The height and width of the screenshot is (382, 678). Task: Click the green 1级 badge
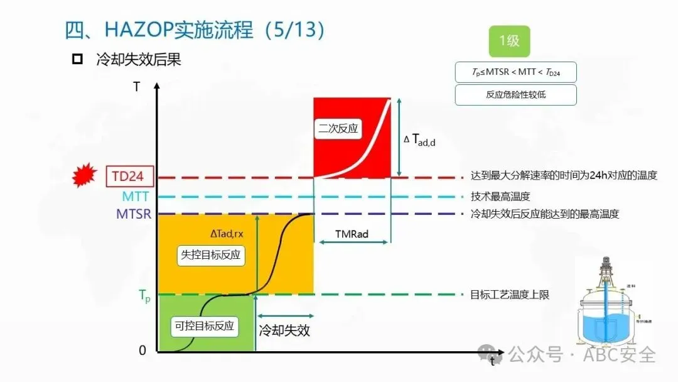[x=509, y=41]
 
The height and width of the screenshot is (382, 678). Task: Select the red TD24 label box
[x=128, y=177]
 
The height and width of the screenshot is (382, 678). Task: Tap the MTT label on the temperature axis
[x=136, y=196]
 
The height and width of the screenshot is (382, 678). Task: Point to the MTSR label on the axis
[x=134, y=214]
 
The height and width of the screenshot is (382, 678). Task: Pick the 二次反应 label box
[x=338, y=128]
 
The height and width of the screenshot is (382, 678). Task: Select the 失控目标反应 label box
[x=210, y=256]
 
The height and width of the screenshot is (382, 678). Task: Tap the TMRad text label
[x=352, y=234]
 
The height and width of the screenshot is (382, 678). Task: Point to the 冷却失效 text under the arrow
[x=284, y=330]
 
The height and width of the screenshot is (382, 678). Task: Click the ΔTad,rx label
[x=227, y=234]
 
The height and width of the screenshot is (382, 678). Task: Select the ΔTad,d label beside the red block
[x=419, y=140]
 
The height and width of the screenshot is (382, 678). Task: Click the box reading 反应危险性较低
[x=515, y=95]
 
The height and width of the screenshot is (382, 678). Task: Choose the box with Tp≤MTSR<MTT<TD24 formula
[x=515, y=72]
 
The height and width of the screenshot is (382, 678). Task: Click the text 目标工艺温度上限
[x=510, y=294]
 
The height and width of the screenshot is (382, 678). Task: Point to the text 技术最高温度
[x=500, y=196]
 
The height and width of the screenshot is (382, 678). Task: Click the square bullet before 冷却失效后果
[x=78, y=60]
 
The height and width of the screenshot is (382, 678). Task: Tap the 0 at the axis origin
[x=143, y=351]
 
